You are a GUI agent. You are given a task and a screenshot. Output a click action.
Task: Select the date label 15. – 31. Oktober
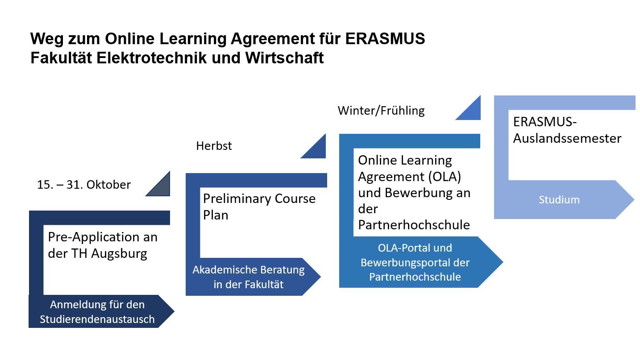(x=84, y=185)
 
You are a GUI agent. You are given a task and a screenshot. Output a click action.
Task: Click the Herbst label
(x=214, y=146)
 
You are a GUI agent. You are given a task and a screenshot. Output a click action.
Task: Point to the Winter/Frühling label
(x=381, y=111)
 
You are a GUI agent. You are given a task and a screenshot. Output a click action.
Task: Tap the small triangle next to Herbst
(x=316, y=149)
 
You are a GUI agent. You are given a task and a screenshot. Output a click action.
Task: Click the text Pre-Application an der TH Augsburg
(x=103, y=245)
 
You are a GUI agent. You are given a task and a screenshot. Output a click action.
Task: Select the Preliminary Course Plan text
(x=259, y=207)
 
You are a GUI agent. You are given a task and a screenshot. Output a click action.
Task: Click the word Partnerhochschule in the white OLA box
(x=414, y=225)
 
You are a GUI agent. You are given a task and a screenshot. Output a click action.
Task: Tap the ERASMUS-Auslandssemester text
(x=567, y=130)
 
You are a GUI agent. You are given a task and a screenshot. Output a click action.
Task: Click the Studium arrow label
(x=559, y=200)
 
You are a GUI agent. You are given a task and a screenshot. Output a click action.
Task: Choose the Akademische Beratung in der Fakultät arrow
(x=248, y=277)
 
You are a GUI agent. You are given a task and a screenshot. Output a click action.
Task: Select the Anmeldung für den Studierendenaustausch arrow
(x=97, y=312)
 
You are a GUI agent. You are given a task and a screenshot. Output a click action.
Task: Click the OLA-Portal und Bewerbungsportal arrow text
(x=415, y=262)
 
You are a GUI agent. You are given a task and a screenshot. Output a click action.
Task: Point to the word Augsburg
(x=120, y=254)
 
